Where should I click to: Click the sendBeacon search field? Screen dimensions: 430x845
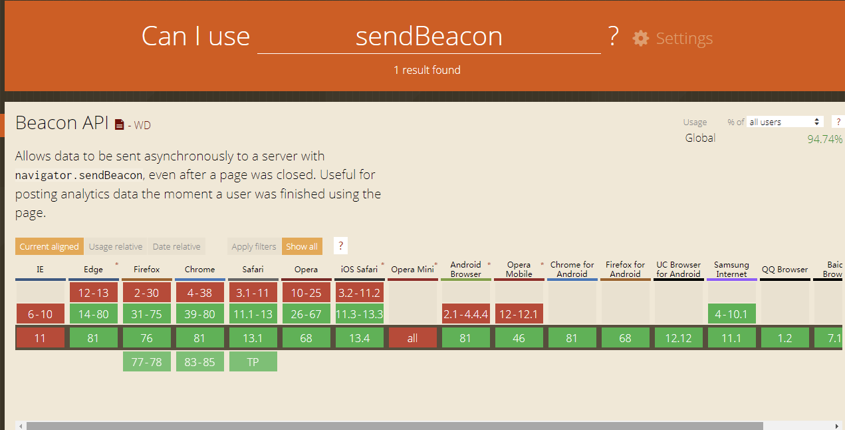(x=429, y=37)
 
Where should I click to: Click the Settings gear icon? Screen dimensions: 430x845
(x=640, y=38)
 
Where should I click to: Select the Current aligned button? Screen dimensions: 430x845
(x=49, y=246)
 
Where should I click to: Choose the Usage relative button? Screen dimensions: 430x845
(x=116, y=246)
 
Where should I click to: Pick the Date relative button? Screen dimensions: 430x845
(x=176, y=246)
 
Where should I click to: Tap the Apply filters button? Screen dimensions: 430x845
(x=254, y=246)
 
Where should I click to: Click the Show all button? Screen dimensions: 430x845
(x=302, y=246)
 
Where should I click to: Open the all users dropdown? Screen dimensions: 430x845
(x=785, y=122)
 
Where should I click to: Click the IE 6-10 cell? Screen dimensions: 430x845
(x=40, y=314)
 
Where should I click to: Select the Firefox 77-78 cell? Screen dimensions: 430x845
(x=146, y=361)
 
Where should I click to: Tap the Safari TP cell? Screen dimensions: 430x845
(x=253, y=361)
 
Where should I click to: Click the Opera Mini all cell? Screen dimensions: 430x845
(x=412, y=338)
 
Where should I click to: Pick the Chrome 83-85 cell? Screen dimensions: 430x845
(x=199, y=361)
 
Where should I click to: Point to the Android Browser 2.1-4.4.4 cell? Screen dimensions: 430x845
(x=465, y=314)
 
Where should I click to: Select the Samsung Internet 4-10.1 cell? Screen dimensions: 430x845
(x=731, y=314)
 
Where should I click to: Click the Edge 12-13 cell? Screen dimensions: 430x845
(x=93, y=292)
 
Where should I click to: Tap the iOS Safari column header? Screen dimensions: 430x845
(x=359, y=270)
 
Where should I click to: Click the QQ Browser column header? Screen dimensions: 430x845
(x=785, y=270)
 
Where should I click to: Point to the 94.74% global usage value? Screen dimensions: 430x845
(x=824, y=139)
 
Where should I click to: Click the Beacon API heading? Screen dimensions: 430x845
(x=62, y=123)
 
